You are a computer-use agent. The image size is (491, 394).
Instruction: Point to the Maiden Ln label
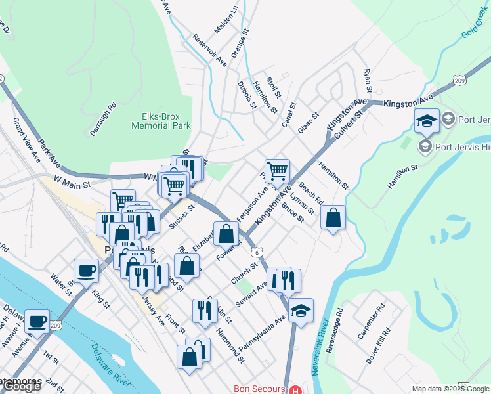click(226, 21)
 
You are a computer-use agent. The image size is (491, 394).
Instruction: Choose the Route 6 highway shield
click(260, 252)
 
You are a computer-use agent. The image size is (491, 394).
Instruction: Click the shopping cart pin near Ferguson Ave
click(277, 171)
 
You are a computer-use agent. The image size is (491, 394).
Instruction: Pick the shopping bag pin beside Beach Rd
click(333, 217)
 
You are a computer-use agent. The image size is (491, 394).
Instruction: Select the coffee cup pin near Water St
click(85, 271)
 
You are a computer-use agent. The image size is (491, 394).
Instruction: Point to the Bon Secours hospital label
click(260, 389)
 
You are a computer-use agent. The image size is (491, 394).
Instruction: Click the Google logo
click(21, 386)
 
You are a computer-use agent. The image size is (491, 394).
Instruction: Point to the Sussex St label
click(182, 216)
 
